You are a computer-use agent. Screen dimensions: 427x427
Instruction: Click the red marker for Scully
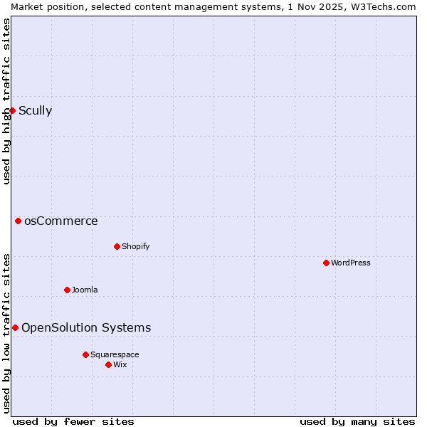[12, 110]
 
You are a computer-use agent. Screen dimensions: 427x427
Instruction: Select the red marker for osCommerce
[18, 221]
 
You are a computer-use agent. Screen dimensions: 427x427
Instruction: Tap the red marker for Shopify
[117, 246]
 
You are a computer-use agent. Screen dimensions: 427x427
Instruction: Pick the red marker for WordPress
[326, 263]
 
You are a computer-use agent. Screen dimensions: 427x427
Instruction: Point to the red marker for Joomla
[67, 290]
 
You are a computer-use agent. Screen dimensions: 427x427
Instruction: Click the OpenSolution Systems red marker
[15, 327]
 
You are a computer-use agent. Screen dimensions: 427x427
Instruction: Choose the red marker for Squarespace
[85, 354]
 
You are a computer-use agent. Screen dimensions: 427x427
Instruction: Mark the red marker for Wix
[108, 364]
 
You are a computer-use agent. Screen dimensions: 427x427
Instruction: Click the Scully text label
[35, 110]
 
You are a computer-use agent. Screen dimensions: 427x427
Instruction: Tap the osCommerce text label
[60, 221]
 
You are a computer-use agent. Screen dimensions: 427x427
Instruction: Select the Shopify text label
[135, 246]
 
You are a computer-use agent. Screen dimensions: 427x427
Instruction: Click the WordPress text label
[350, 263]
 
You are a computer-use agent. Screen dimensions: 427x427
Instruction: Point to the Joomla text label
[85, 290]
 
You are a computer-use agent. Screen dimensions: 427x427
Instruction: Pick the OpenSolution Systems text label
[86, 327]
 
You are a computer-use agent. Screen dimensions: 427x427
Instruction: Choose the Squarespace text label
[115, 354]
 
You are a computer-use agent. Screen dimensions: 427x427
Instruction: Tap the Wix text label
[120, 364]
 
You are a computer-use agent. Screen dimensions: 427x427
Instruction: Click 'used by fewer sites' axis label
[73, 421]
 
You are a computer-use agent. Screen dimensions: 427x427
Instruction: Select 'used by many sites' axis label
[357, 421]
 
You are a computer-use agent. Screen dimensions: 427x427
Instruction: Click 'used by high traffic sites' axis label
[7, 101]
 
